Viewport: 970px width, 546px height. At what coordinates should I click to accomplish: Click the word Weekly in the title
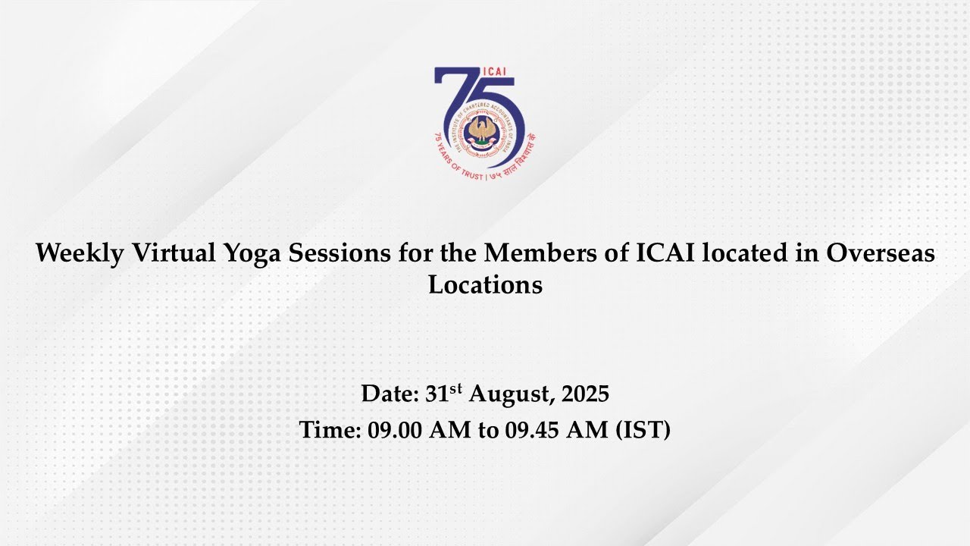[x=80, y=253]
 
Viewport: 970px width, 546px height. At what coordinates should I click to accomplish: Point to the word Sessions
[x=339, y=253]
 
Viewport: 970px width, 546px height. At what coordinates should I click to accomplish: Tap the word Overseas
[x=881, y=253]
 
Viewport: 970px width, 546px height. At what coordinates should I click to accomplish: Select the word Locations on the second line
[x=485, y=284]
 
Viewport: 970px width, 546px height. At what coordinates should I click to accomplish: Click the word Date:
[x=390, y=394]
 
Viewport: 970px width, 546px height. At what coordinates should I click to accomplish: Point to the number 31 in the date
[x=437, y=394]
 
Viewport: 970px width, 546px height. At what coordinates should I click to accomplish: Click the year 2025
[x=585, y=394]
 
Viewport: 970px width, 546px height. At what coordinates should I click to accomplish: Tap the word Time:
[x=330, y=429]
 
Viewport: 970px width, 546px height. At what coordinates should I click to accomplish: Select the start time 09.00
[x=395, y=429]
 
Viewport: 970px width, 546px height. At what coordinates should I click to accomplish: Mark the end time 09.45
[x=531, y=429]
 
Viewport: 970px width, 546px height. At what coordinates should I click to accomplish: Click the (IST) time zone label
[x=643, y=430]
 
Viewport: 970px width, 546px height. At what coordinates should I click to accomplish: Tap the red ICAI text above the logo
[x=493, y=72]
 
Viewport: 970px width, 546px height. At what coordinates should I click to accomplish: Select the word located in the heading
[x=744, y=253]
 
